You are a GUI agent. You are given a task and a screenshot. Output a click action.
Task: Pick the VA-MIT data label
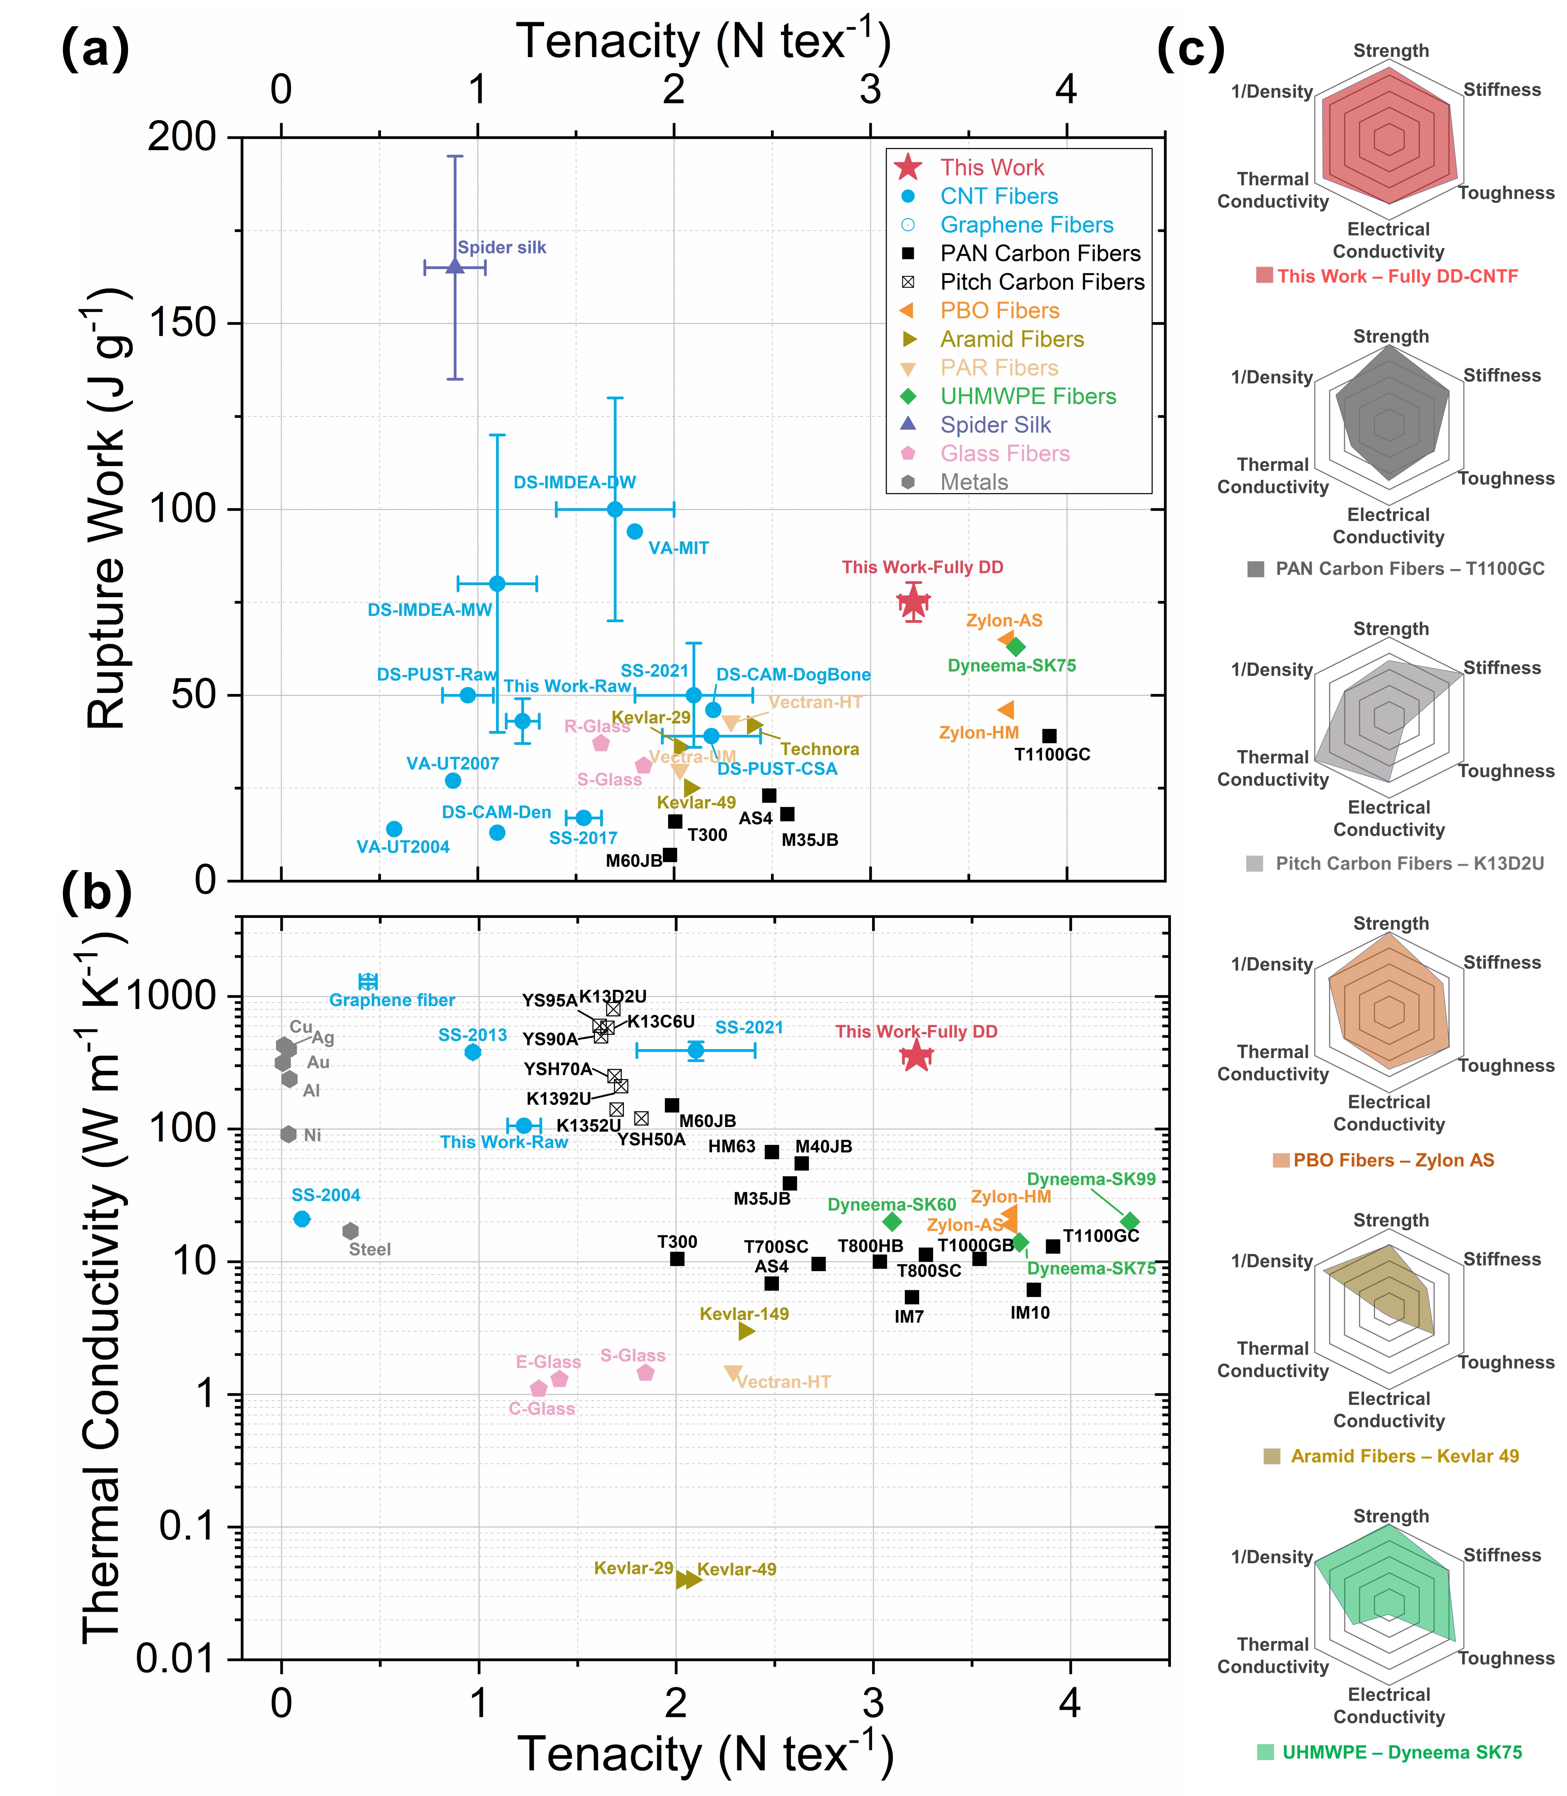[679, 548]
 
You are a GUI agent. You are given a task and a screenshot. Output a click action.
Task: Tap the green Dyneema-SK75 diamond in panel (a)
[1015, 647]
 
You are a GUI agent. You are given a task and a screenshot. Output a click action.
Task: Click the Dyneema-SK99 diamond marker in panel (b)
[1130, 1222]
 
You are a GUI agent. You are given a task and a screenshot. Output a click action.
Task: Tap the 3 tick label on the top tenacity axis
[870, 89]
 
